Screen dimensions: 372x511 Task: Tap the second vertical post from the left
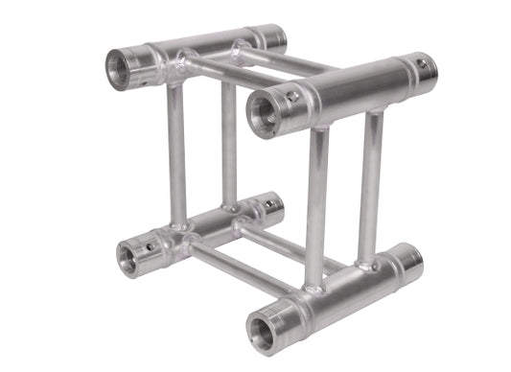(x=229, y=144)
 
